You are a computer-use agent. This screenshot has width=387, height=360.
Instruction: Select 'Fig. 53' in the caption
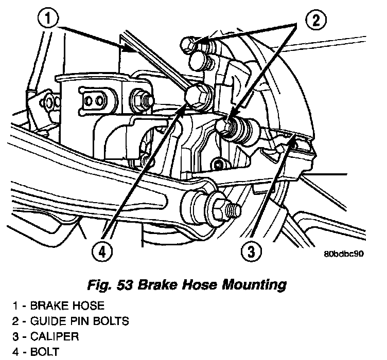click(x=106, y=283)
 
